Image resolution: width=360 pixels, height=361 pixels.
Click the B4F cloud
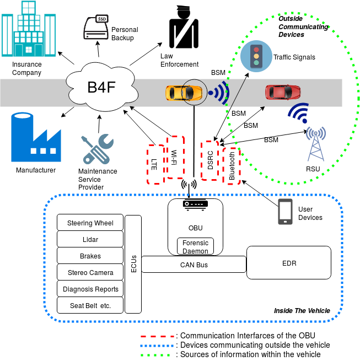tap(101, 87)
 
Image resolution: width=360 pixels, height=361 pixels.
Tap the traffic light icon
tap(256, 56)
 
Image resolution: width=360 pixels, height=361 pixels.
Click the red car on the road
tap(283, 91)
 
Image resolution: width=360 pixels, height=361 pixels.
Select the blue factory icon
tap(35, 138)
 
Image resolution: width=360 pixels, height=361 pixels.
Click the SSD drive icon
tap(96, 28)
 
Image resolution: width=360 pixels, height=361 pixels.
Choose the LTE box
tap(155, 164)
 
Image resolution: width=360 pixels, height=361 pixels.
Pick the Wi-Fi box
tap(175, 157)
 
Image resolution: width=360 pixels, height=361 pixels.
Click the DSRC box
tap(209, 160)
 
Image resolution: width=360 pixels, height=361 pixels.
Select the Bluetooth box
tap(232, 165)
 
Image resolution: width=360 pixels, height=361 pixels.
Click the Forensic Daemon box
tap(195, 246)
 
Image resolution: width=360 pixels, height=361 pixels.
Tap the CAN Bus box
tap(194, 265)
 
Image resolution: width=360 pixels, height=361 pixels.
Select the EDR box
tap(289, 263)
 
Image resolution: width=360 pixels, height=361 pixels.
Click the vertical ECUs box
tap(133, 264)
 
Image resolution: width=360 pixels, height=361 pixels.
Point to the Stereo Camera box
tap(90, 272)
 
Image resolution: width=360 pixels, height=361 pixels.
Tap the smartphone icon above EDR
tap(285, 212)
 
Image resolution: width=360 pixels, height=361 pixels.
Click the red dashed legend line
tap(157, 336)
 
